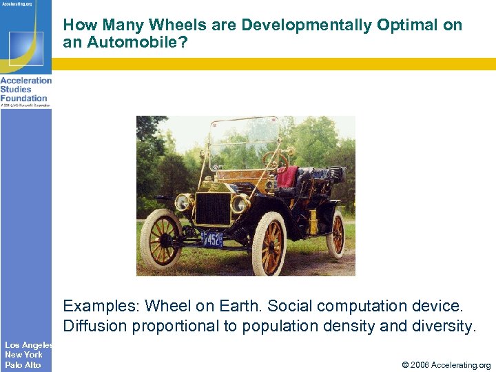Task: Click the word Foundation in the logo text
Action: pos(23,98)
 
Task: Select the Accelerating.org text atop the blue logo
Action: pos(17,4)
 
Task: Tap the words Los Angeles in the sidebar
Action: pos(28,344)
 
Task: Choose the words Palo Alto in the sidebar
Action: pos(23,364)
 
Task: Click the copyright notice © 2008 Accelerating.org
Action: pos(446,365)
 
